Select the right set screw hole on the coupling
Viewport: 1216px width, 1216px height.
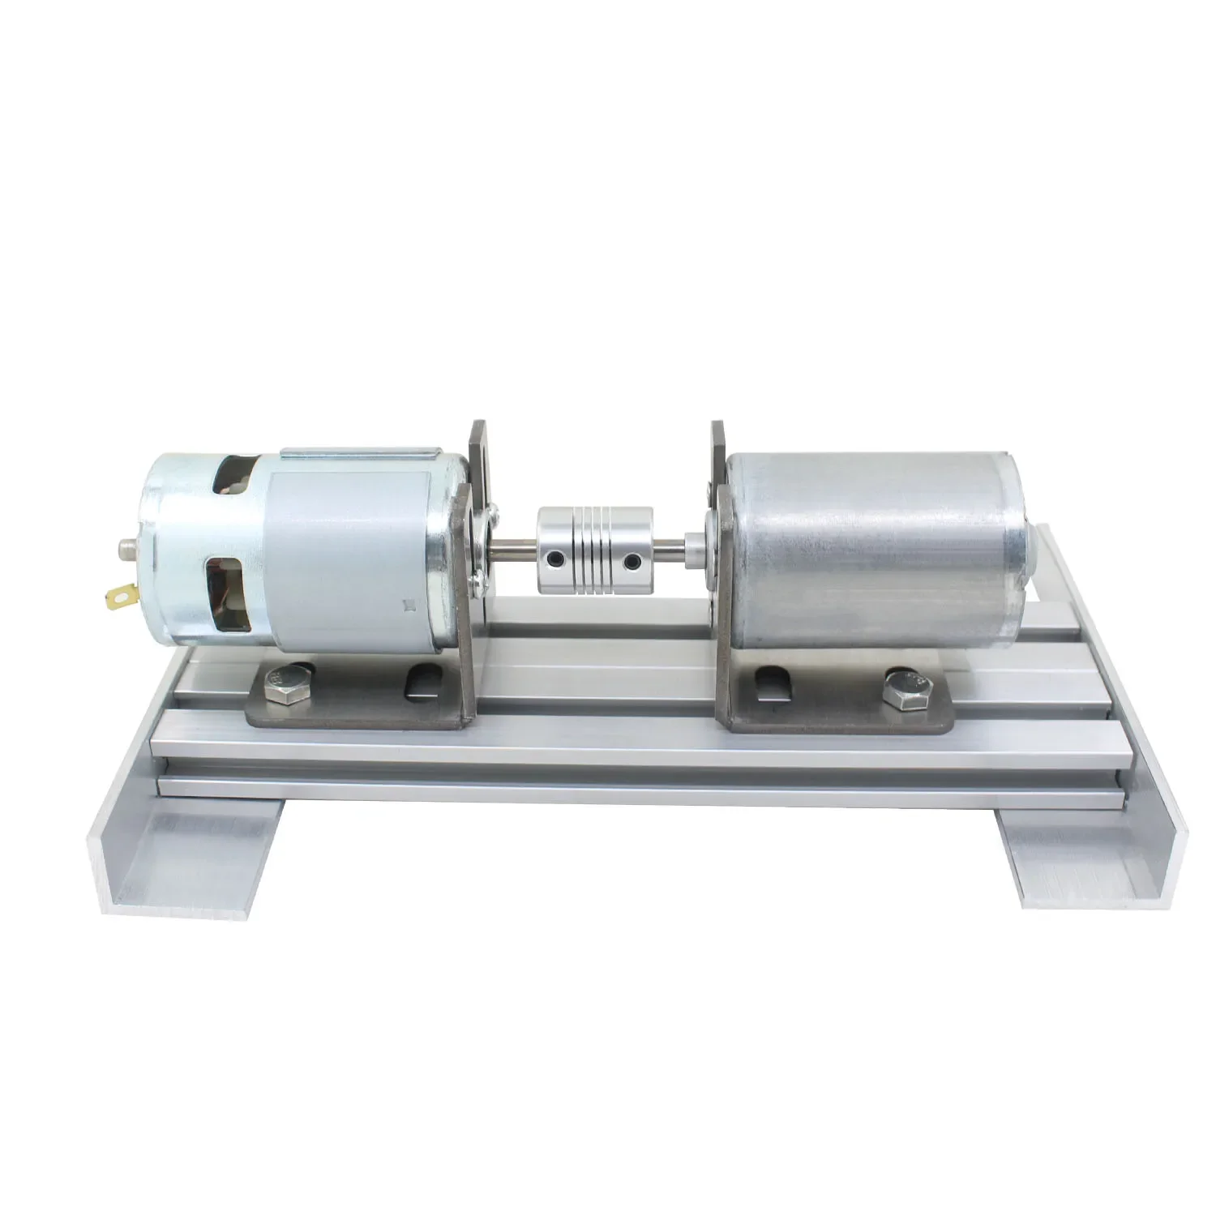pos(626,559)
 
